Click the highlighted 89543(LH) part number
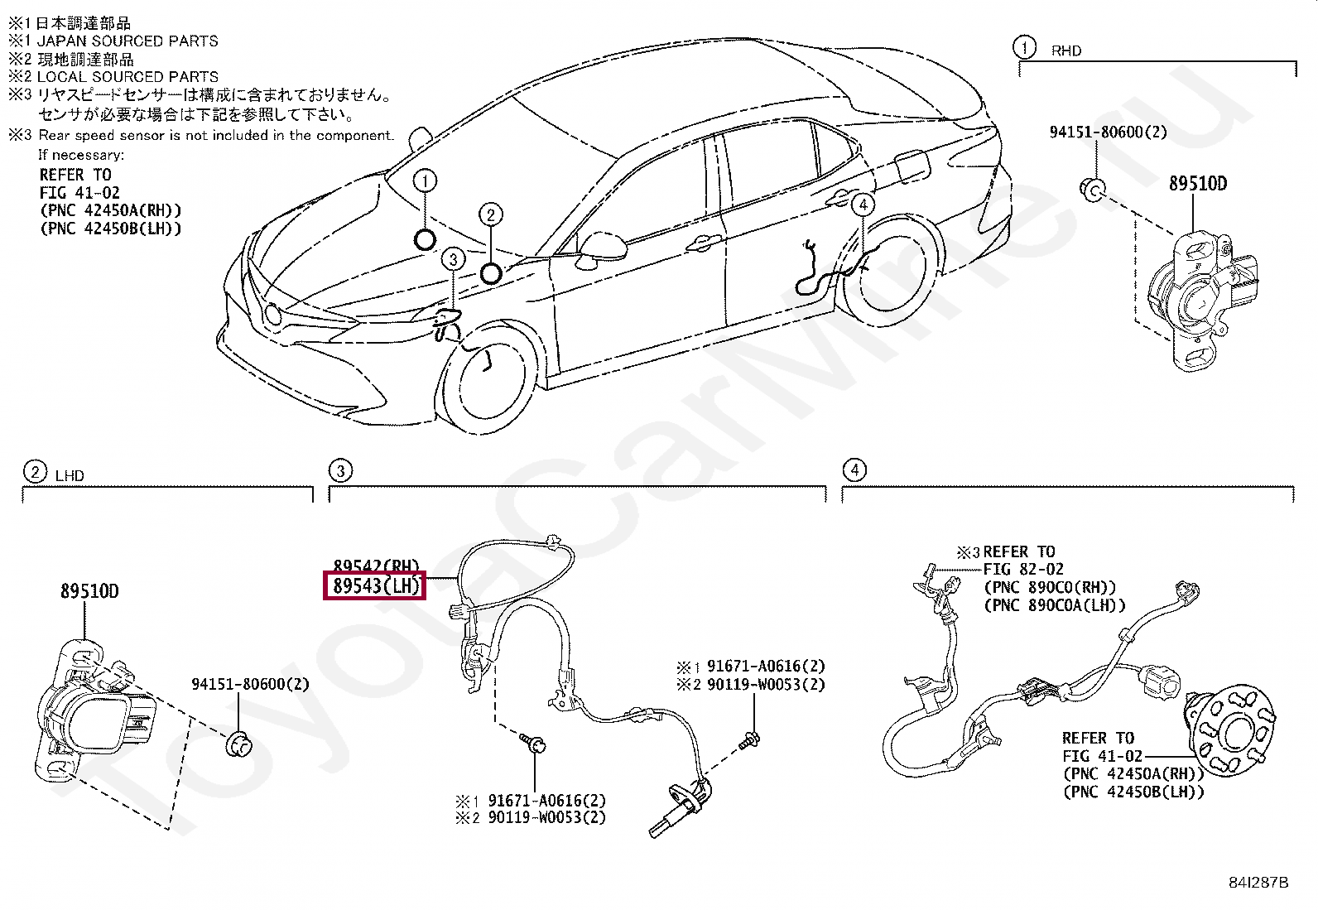pyautogui.click(x=375, y=586)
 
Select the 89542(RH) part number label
pyautogui.click(x=375, y=567)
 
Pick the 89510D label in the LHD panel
pyautogui.click(x=89, y=591)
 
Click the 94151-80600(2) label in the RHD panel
pyautogui.click(x=1108, y=132)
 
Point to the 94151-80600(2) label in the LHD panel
pyautogui.click(x=250, y=684)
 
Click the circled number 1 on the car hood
pyautogui.click(x=425, y=181)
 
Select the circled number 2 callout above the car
pyautogui.click(x=490, y=215)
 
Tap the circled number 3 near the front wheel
pyautogui.click(x=453, y=260)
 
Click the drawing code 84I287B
pyautogui.click(x=1258, y=882)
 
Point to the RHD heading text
pyautogui.click(x=1066, y=51)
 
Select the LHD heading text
pyautogui.click(x=70, y=476)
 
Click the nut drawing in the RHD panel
pyautogui.click(x=1092, y=190)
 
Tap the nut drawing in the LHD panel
pyautogui.click(x=239, y=744)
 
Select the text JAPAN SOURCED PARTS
pyautogui.click(x=127, y=41)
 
